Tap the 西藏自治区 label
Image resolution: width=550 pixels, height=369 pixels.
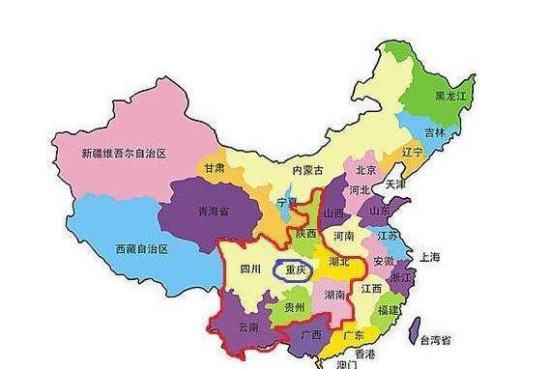(x=141, y=249)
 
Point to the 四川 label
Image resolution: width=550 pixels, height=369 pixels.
(x=251, y=270)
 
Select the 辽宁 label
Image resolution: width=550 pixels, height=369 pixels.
(x=413, y=153)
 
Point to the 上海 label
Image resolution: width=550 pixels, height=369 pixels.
(x=430, y=257)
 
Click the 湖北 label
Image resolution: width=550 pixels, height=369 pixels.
(x=338, y=260)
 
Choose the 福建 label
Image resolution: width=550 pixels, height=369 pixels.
(x=390, y=310)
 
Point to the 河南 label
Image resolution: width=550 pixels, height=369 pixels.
(x=344, y=235)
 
